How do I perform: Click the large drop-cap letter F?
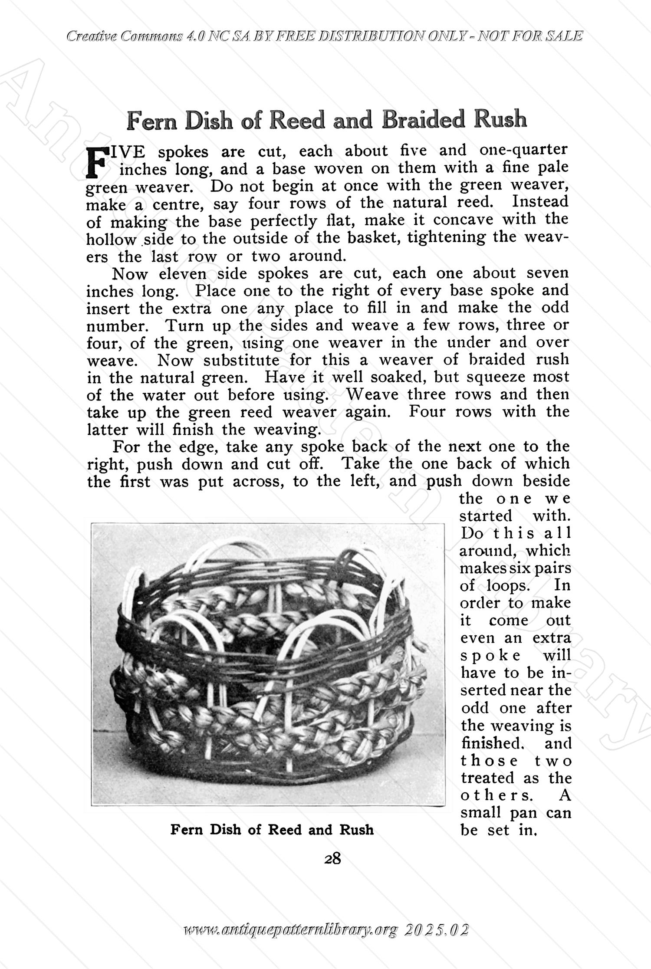96,161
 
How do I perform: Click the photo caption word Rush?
356,830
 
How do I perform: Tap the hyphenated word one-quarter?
523,150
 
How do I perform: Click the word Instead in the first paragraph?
540,202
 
